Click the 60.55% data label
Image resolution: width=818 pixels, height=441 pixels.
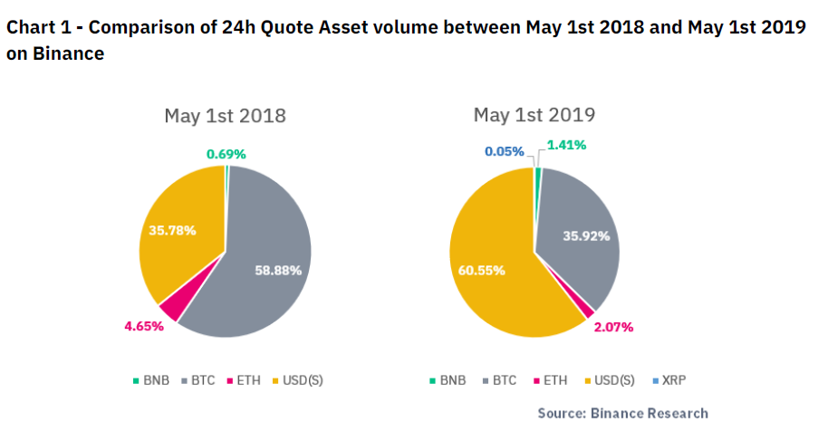(x=481, y=270)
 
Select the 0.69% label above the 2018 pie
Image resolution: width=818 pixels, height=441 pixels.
(x=226, y=154)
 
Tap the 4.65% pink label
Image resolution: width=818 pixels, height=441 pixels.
(x=143, y=325)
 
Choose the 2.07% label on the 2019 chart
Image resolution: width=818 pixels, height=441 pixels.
(x=613, y=326)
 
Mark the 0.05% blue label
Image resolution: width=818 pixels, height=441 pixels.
(x=504, y=151)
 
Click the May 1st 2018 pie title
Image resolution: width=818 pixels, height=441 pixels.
(x=225, y=116)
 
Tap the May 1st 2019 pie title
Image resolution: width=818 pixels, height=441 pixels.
(x=534, y=115)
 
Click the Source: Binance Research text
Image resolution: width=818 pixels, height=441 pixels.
(x=622, y=413)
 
